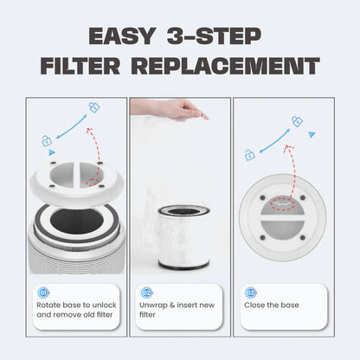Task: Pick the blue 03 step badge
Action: pyautogui.click(x=250, y=292)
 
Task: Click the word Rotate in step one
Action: pyautogui.click(x=49, y=305)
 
